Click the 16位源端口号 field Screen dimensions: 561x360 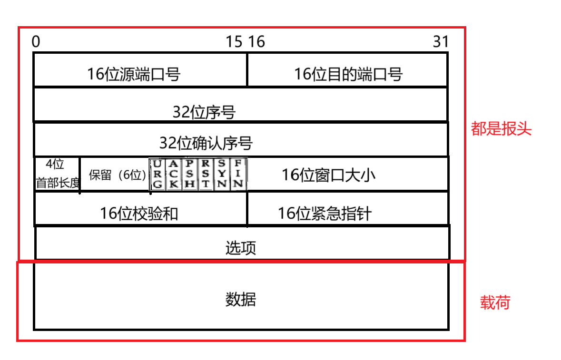[x=134, y=74]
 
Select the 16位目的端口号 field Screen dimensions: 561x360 [x=348, y=74]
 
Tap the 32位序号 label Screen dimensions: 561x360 [x=204, y=113]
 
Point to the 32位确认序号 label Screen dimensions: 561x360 [x=206, y=143]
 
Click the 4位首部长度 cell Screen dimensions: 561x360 [x=57, y=174]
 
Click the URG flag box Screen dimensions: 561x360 [x=157, y=174]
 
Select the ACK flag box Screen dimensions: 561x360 [x=174, y=174]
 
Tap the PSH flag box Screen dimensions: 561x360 [x=190, y=174]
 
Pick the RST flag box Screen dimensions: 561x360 [x=206, y=174]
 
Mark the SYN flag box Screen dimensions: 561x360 [x=222, y=174]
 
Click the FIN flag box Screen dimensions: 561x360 [x=238, y=174]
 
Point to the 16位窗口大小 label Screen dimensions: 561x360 [x=328, y=175]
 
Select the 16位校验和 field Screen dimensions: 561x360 [x=139, y=214]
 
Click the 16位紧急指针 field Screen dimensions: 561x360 [x=325, y=214]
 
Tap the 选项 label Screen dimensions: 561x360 [x=241, y=248]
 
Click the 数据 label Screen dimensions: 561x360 [x=240, y=300]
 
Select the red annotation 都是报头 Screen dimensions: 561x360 [x=501, y=129]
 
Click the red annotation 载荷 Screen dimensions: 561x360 [x=495, y=302]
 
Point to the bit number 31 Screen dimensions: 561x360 [x=441, y=42]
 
